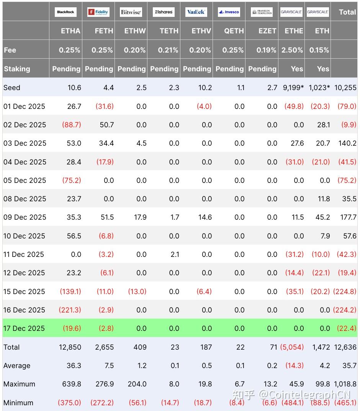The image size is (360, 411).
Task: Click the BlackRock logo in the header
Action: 65,12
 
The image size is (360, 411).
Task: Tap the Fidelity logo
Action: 98,12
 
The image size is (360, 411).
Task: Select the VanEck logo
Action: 196,12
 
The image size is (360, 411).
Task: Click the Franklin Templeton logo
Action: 262,12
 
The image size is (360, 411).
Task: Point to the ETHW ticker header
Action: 135,31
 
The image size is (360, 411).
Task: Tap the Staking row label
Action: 17,69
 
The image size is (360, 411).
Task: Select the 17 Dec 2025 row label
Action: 24,328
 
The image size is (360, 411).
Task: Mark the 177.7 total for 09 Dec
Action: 348,217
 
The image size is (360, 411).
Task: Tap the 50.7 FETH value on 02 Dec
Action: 106,125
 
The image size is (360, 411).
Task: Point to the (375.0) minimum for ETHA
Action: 69,403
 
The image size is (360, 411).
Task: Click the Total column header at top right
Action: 347,12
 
